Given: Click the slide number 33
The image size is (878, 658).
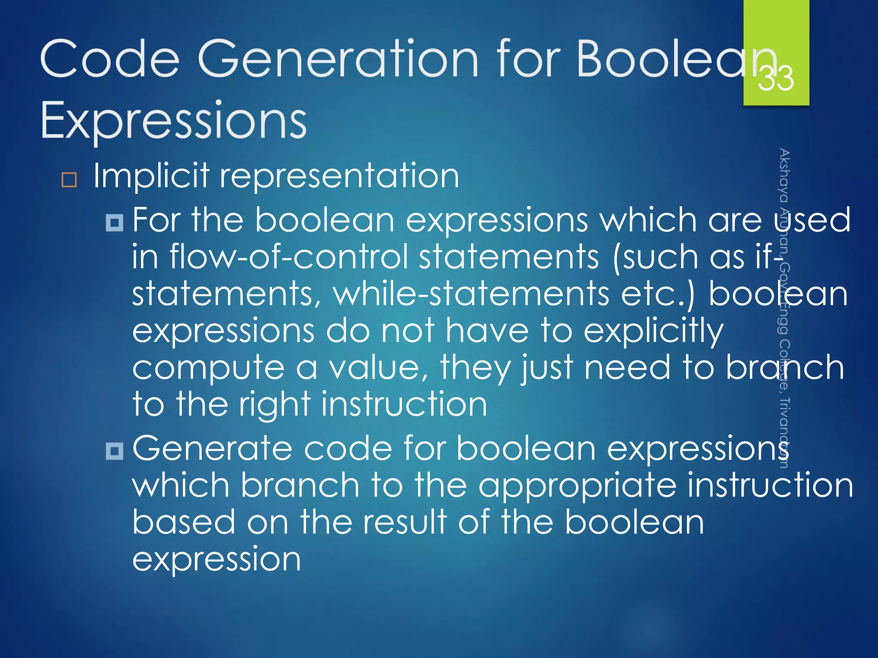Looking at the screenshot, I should click(x=776, y=78).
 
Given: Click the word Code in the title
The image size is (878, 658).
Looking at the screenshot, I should click(x=109, y=59).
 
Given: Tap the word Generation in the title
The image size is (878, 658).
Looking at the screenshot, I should click(x=337, y=59).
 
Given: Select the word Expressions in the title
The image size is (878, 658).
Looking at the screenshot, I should click(x=173, y=121).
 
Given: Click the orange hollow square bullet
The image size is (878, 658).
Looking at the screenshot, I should click(x=69, y=180).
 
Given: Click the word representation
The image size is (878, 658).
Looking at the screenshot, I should click(x=339, y=176).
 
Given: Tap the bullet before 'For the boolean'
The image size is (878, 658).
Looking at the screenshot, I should click(x=114, y=222).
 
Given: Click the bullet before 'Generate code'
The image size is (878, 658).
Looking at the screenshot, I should click(x=114, y=451).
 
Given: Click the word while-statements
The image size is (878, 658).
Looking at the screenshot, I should click(x=471, y=294).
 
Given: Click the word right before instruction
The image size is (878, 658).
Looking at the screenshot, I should click(x=274, y=404).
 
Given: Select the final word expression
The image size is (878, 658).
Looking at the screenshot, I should click(x=216, y=559).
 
